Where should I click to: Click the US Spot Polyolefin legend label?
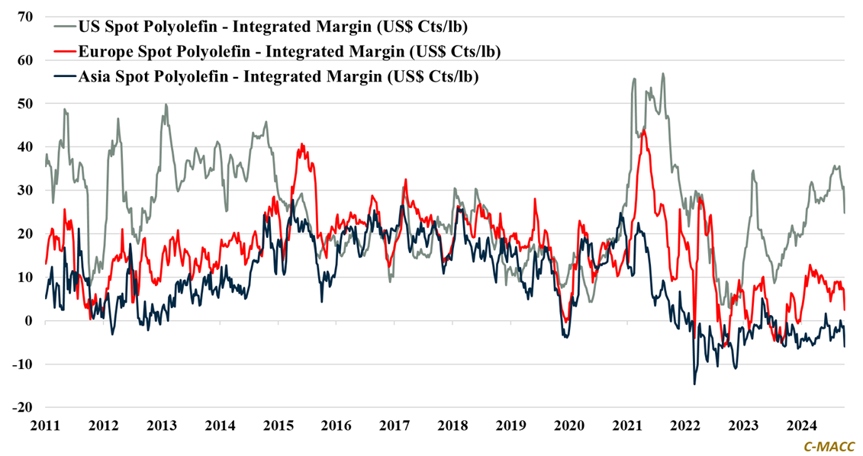(273, 27)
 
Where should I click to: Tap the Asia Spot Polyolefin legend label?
(279, 76)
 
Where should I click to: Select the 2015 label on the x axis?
(279, 425)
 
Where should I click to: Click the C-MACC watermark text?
(829, 446)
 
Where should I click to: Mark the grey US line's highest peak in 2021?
(663, 74)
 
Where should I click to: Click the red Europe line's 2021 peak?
(645, 131)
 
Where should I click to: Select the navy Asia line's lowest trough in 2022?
(694, 384)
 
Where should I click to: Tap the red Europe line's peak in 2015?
(302, 143)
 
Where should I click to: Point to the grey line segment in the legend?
(64, 27)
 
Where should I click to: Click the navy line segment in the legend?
(64, 76)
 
